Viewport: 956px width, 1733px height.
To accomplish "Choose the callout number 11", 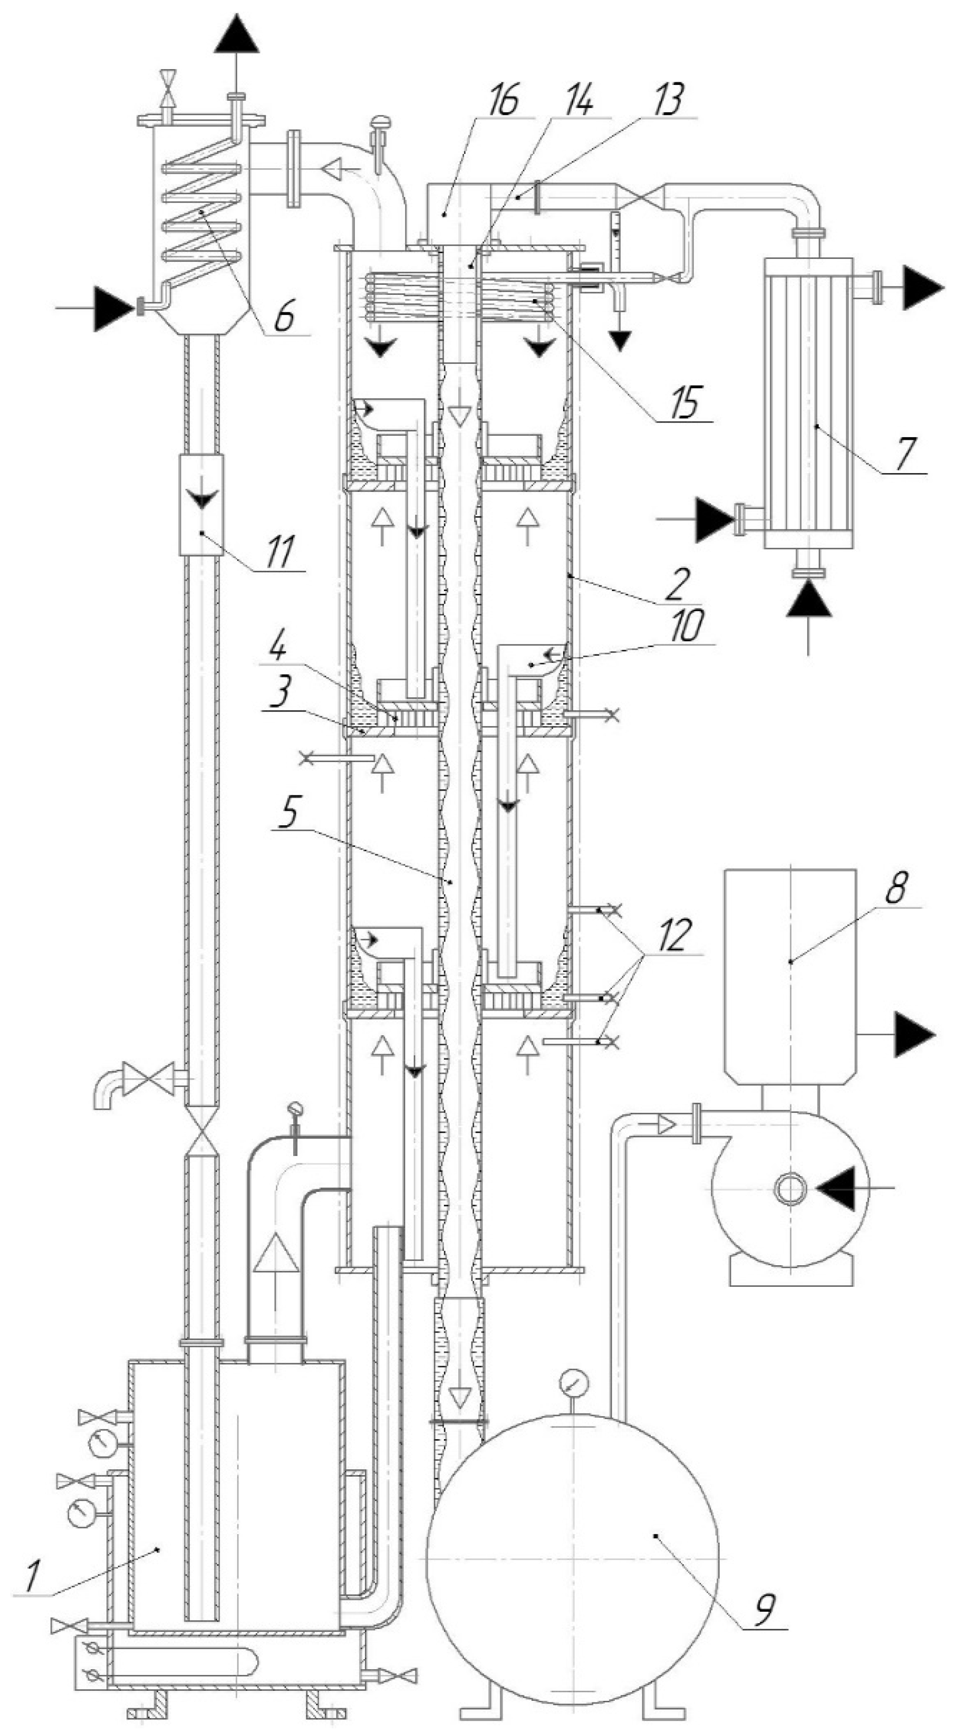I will [278, 551].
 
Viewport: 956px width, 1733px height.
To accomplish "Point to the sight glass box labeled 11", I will [201, 505].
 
